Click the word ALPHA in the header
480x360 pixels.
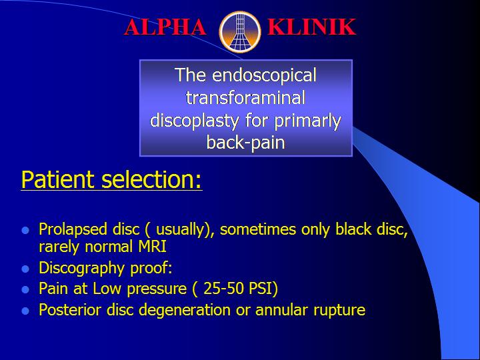click(x=165, y=27)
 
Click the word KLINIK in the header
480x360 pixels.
click(x=311, y=27)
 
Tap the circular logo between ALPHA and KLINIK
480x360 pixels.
click(x=240, y=32)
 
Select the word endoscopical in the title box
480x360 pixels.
click(x=264, y=75)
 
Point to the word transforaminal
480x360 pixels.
click(x=245, y=97)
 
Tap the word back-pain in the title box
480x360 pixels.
click(x=245, y=143)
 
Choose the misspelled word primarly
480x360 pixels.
click(x=307, y=121)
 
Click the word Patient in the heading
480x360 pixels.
click(x=58, y=180)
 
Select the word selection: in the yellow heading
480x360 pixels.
click(x=151, y=180)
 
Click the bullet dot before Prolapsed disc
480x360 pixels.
click(x=25, y=230)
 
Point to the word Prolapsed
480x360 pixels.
click(x=73, y=229)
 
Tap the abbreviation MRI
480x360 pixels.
click(x=152, y=247)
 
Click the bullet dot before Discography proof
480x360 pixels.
click(x=25, y=269)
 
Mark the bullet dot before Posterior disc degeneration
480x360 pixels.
click(x=25, y=311)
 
